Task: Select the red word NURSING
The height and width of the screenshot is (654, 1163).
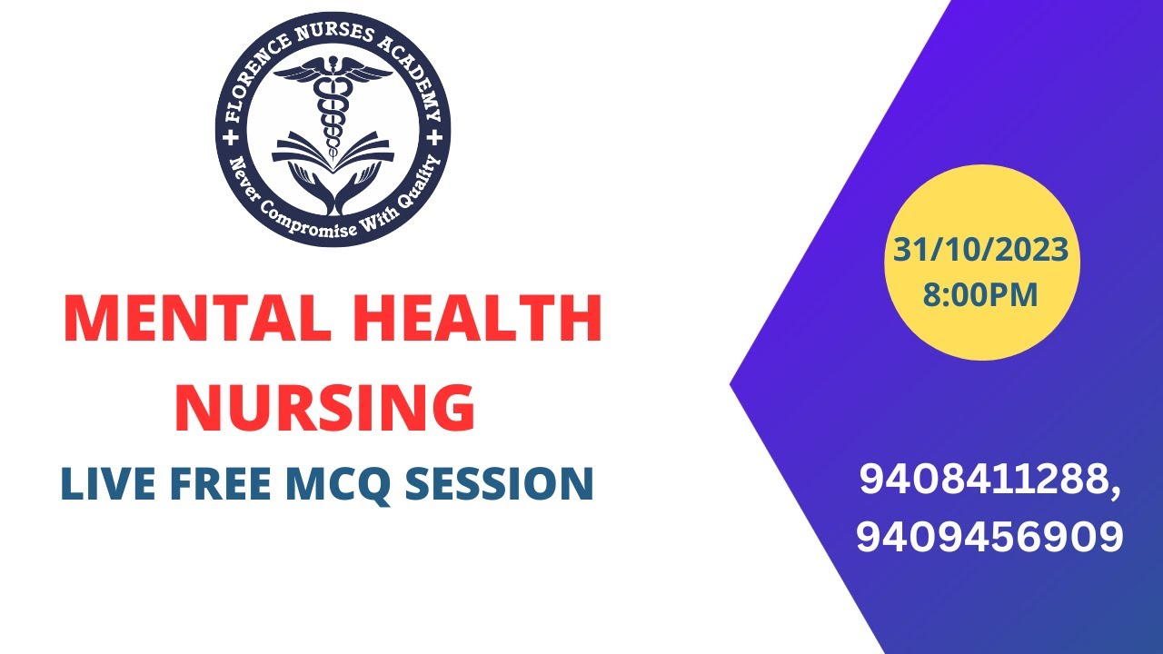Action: [324, 407]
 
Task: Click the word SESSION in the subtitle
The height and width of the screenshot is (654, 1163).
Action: [500, 483]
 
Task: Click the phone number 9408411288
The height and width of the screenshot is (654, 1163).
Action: [987, 481]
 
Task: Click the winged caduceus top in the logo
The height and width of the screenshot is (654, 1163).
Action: [333, 77]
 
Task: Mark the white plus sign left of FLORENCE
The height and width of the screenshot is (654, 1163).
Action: [229, 136]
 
